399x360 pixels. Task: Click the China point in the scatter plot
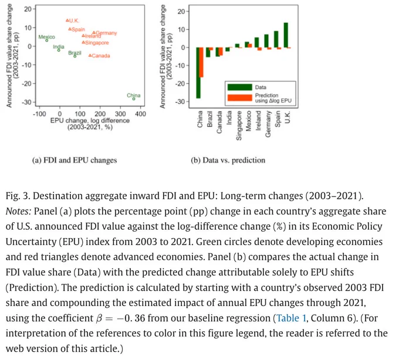(134, 99)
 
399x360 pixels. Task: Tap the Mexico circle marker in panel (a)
(47, 40)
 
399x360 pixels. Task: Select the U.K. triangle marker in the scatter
(67, 21)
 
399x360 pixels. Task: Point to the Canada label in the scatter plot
(101, 56)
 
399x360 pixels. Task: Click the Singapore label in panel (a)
(97, 43)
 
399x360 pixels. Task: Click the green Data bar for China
(198, 73)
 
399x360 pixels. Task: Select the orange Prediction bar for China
(201, 62)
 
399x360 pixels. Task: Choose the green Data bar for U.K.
(286, 35)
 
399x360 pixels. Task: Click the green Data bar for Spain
(276, 39)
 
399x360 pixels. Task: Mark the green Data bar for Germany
(266, 41)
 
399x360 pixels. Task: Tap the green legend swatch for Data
(240, 87)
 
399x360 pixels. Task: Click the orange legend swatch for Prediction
(240, 98)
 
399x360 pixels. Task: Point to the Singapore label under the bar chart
(239, 125)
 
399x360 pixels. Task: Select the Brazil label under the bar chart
(209, 118)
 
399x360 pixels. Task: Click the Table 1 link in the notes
(291, 318)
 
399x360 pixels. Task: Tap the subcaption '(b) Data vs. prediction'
(228, 160)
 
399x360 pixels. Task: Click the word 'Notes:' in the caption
(18, 211)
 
